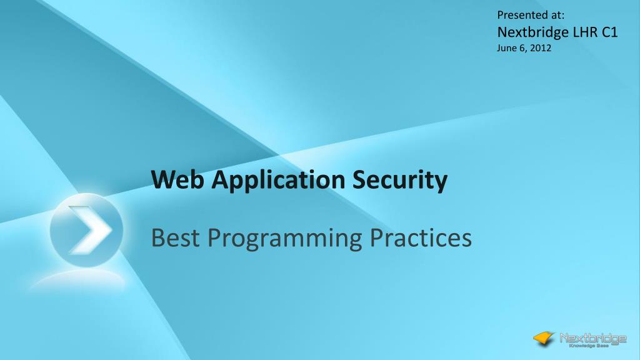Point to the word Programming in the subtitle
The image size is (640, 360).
[x=285, y=239]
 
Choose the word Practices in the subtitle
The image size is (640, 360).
[x=425, y=238]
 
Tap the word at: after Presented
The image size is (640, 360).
[x=556, y=14]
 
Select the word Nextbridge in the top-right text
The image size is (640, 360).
[x=533, y=32]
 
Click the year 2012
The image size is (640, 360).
[x=541, y=48]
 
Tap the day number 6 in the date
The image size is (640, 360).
[x=523, y=48]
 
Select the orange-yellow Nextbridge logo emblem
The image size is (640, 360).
[x=544, y=338]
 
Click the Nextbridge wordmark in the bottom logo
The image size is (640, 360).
[x=592, y=338]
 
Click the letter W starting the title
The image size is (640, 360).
[x=162, y=180]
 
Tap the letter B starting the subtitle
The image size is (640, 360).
[x=158, y=238]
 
